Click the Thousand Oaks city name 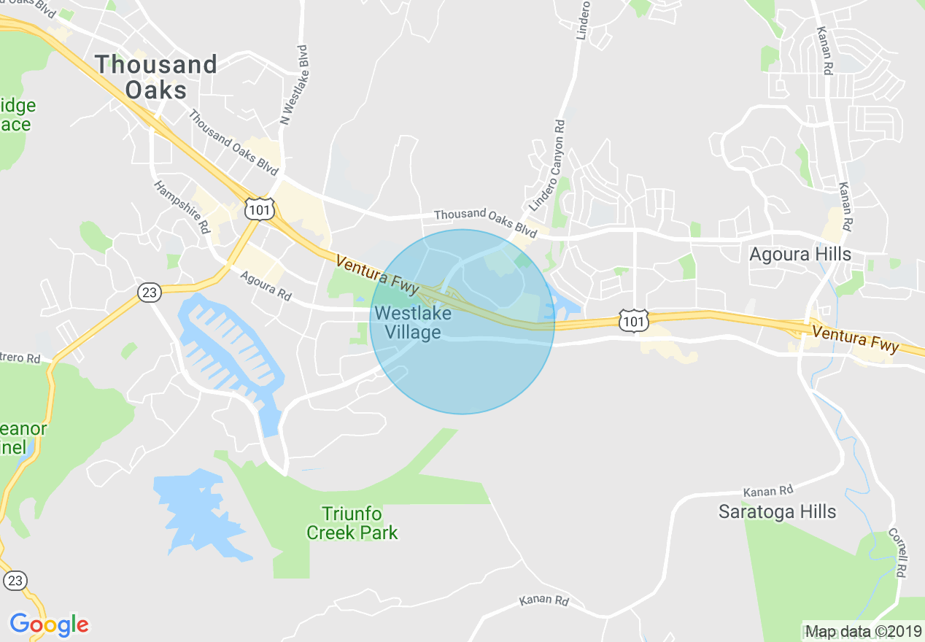[x=155, y=77]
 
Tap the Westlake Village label [x=412, y=323]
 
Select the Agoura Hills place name [x=800, y=255]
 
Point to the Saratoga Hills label [x=777, y=511]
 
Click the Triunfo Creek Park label [x=352, y=524]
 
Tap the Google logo [x=49, y=624]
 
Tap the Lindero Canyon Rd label [x=548, y=167]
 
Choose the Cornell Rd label [x=898, y=553]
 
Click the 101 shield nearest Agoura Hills [x=632, y=320]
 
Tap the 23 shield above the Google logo [x=16, y=581]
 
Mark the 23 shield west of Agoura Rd [x=150, y=293]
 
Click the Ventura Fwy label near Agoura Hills [x=855, y=339]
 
